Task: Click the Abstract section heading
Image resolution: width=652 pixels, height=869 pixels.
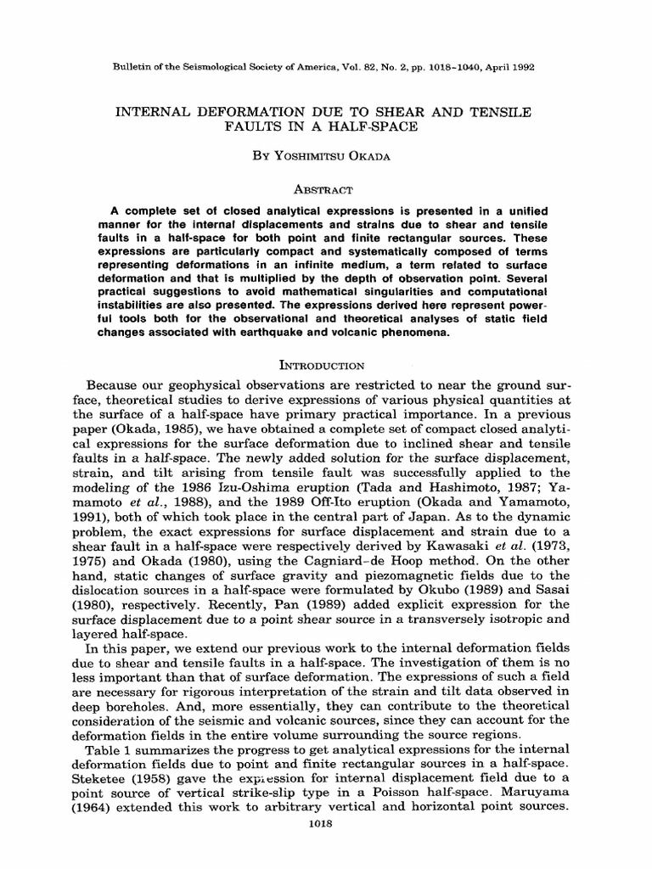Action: (326, 191)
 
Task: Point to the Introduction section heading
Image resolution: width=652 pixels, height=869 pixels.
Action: (326, 366)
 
